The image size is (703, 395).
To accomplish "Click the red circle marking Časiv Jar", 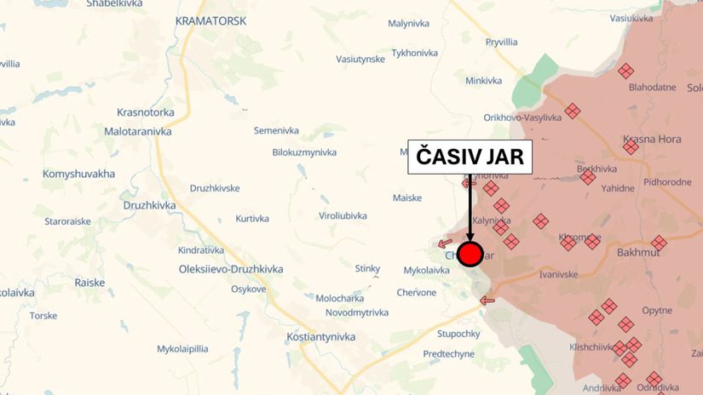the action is pos(470,253).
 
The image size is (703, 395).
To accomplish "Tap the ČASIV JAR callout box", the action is pos(470,157).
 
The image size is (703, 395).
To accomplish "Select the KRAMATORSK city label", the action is pos(210,20).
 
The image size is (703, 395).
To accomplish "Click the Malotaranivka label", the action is pos(138,132).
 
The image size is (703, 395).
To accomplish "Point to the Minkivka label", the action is pos(483,81).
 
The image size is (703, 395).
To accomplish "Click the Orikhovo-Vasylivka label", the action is pos(522,117).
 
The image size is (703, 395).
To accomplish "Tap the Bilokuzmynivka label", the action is pos(304,152).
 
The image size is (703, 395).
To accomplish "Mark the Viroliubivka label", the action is pos(343,216).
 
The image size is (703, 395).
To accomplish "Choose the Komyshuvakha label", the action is pos(78,174).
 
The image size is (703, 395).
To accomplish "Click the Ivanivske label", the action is pos(559,274).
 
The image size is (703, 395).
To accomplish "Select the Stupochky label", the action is pos(459,333).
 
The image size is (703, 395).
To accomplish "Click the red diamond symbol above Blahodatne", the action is pos(626,71).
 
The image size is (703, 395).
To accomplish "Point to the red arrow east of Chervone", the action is pos(487,300).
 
